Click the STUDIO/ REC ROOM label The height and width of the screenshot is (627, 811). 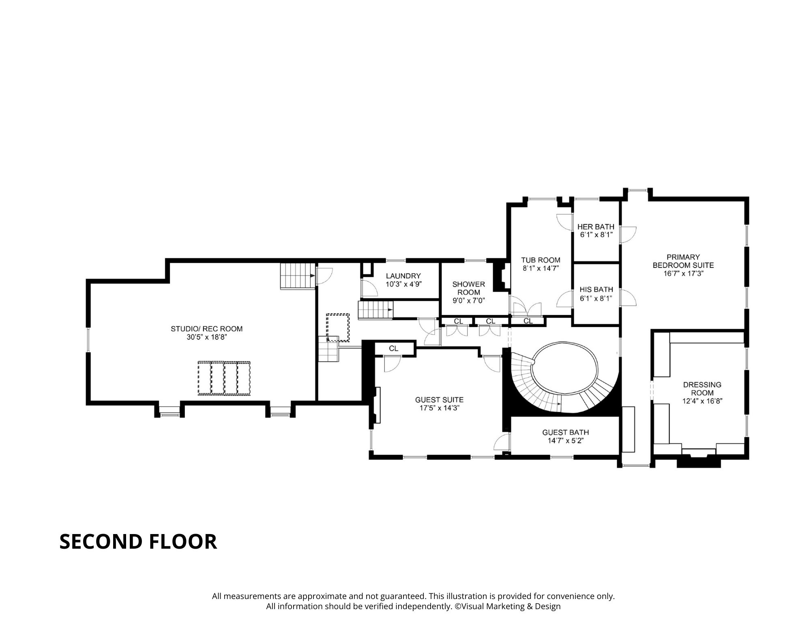[x=206, y=329]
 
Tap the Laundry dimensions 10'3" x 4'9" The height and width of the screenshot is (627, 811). [x=403, y=284]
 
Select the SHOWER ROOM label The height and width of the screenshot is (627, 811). [x=468, y=288]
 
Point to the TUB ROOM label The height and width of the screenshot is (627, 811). [x=541, y=260]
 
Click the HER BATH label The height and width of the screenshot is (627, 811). [x=596, y=227]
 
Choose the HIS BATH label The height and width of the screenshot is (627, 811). [x=596, y=290]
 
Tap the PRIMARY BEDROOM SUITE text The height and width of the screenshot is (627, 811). [x=683, y=261]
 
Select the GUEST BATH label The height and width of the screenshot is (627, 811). [x=565, y=433]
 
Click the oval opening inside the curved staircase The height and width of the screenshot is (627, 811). [x=564, y=368]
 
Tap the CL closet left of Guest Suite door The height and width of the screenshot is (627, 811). [x=393, y=349]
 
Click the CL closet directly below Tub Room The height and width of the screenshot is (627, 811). [x=528, y=321]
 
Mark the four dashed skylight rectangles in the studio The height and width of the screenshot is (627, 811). [x=224, y=378]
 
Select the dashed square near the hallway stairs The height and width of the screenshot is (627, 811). [x=338, y=327]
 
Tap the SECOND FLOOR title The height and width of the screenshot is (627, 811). [x=138, y=542]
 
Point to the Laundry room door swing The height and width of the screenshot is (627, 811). [x=368, y=287]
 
